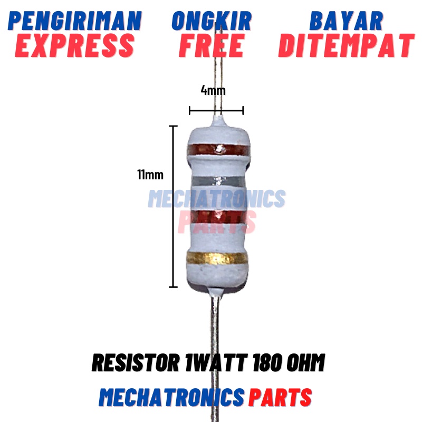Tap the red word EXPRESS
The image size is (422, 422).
click(75, 45)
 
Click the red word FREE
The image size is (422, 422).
click(211, 45)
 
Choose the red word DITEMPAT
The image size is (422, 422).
click(346, 45)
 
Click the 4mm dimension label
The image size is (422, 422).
click(213, 90)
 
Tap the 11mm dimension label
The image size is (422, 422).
click(150, 175)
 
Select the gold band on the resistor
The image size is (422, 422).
click(217, 258)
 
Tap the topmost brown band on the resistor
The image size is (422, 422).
click(217, 150)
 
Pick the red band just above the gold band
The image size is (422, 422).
click(217, 216)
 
